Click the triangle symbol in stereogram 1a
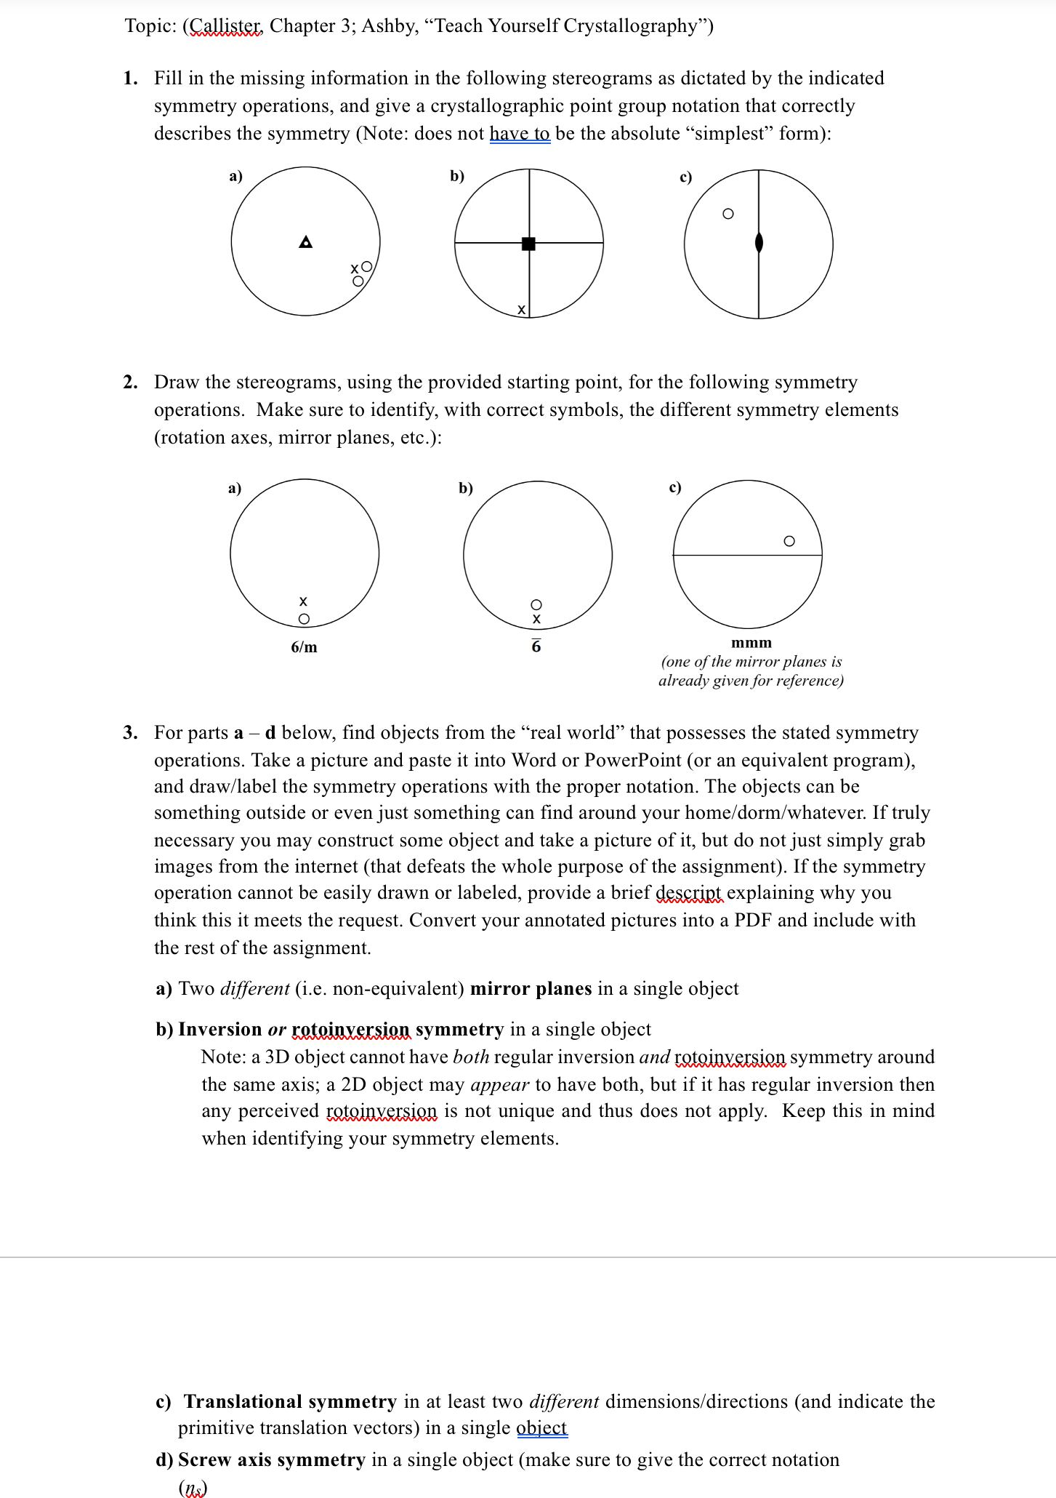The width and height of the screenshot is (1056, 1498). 306,241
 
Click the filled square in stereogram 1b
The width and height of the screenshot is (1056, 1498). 528,244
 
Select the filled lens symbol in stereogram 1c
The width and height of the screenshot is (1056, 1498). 759,242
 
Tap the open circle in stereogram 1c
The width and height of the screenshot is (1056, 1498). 727,214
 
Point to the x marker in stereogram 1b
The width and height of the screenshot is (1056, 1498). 521,310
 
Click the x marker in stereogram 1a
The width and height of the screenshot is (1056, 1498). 355,268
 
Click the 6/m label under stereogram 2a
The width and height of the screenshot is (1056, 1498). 304,646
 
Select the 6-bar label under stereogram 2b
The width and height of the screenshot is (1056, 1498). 536,646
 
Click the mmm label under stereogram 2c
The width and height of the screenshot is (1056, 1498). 751,643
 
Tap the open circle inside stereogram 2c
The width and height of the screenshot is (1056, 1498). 789,541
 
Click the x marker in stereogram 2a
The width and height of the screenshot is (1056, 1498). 303,601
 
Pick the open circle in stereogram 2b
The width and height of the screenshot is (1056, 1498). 536,604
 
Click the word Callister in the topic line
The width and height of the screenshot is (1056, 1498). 226,26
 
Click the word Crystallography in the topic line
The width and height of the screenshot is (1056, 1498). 629,26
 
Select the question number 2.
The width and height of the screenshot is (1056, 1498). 130,382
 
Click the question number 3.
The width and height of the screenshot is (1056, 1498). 130,732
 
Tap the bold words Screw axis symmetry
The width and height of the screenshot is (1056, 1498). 271,1459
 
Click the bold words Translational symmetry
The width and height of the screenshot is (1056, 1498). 290,1401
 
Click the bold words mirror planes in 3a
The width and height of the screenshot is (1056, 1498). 531,988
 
